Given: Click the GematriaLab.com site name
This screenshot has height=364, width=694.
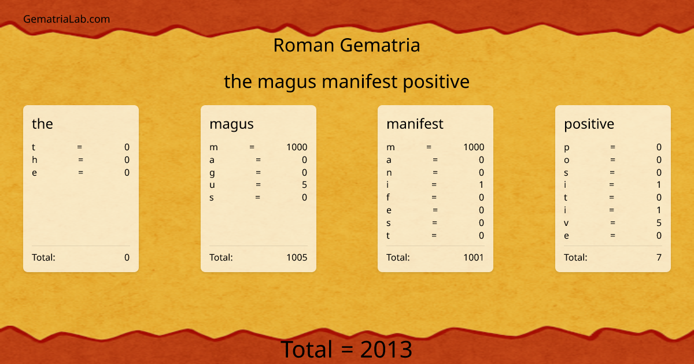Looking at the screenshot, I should pyautogui.click(x=67, y=19).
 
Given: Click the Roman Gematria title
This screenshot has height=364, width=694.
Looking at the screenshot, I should pyautogui.click(x=346, y=45).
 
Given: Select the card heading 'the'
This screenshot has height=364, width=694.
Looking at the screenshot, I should pyautogui.click(x=42, y=124).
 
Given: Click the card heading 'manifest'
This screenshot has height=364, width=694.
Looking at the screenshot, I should pyautogui.click(x=415, y=124).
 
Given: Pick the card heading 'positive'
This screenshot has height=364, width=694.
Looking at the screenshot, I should pyautogui.click(x=589, y=124).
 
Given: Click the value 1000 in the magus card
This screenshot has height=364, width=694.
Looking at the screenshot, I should pyautogui.click(x=297, y=147).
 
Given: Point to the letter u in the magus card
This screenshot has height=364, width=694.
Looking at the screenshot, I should pyautogui.click(x=212, y=185).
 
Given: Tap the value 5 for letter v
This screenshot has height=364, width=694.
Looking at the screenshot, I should pyautogui.click(x=659, y=223).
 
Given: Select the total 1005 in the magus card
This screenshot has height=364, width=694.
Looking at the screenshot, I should pyautogui.click(x=297, y=258).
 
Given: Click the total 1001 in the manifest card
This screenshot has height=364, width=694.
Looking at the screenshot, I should pyautogui.click(x=473, y=258).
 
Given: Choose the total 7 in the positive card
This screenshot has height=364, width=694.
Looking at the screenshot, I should pyautogui.click(x=659, y=258).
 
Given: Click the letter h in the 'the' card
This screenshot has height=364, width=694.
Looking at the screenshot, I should pyautogui.click(x=35, y=160).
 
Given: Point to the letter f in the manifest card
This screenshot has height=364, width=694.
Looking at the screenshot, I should pyautogui.click(x=389, y=198).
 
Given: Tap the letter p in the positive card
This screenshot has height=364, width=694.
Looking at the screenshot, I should pyautogui.click(x=567, y=148).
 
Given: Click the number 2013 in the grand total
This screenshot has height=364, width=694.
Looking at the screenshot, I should pyautogui.click(x=386, y=350).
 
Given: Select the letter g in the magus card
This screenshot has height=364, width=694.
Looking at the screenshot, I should pyautogui.click(x=212, y=173).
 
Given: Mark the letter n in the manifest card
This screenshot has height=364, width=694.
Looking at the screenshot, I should pyautogui.click(x=389, y=173).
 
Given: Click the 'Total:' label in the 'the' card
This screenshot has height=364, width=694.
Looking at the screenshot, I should pyautogui.click(x=43, y=258).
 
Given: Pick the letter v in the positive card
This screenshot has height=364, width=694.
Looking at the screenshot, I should pyautogui.click(x=566, y=223).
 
